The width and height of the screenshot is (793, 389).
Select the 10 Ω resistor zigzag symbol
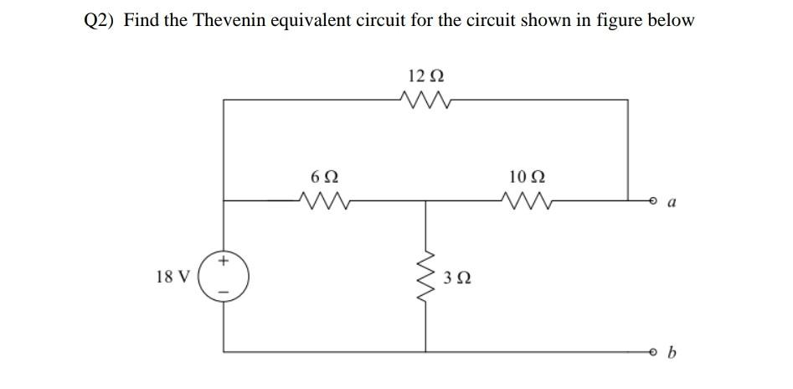tap(526, 200)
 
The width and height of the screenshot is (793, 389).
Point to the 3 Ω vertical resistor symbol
tap(428, 277)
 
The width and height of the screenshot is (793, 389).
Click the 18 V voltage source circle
tap(224, 276)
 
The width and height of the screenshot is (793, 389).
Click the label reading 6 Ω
tap(324, 177)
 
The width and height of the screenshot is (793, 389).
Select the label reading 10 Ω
tap(526, 177)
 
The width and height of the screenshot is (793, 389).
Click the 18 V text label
tap(173, 276)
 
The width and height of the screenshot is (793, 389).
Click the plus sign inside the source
tap(224, 261)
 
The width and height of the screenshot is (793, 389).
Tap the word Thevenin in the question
tap(230, 20)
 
